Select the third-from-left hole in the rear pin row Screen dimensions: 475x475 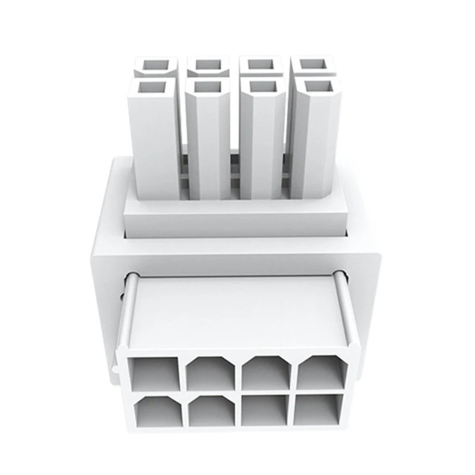tap(259, 64)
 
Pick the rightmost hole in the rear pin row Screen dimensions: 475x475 tap(311, 64)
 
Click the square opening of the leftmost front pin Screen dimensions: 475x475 tap(152, 88)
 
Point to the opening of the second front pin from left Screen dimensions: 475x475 tap(205, 87)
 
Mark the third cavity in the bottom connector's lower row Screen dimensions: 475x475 tap(265, 411)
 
